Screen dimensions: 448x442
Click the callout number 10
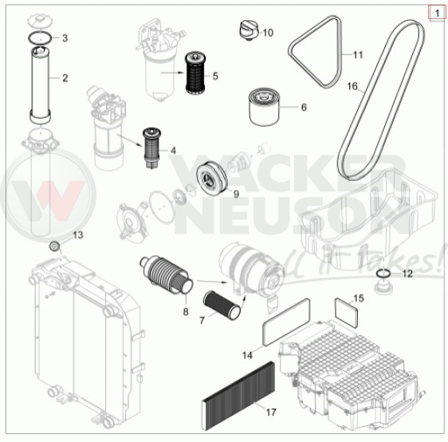pos(268,33)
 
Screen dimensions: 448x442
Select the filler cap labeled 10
pos(248,30)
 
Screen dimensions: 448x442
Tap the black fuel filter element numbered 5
pos(196,73)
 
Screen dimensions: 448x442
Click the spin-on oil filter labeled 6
pos(264,107)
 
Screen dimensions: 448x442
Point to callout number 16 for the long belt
pos(352,86)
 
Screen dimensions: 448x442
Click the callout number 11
pos(358,54)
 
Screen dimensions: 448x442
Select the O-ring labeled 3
pos(40,37)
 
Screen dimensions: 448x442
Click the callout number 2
pos(65,78)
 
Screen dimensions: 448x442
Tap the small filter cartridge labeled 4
pos(151,148)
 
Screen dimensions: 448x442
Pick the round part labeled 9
pos(212,179)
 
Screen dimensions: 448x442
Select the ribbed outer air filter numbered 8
pos(167,274)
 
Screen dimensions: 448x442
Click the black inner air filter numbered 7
pos(222,305)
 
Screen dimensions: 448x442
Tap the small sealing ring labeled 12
pos(383,274)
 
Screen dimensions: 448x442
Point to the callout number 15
pos(359,298)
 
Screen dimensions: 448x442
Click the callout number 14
pos(247,355)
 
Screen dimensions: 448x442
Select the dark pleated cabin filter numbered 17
pos(238,396)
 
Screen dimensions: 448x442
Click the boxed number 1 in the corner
pos(437,14)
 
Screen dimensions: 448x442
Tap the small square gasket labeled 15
pos(346,312)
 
